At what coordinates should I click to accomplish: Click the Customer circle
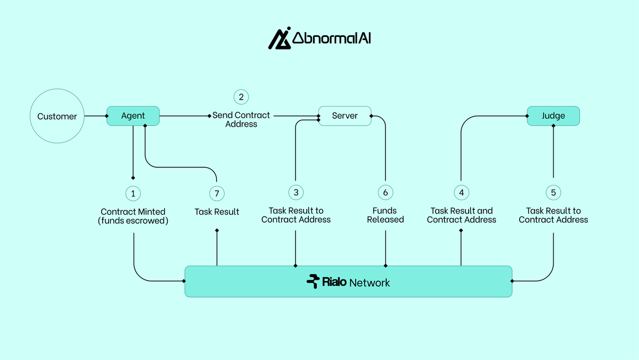(x=57, y=116)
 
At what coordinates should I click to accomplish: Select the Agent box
(x=133, y=116)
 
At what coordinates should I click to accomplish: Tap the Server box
(x=345, y=116)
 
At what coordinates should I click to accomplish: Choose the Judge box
(x=553, y=116)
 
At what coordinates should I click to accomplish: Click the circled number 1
(x=133, y=192)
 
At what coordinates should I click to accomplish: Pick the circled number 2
(x=241, y=97)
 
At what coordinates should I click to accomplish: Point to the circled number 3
(x=296, y=192)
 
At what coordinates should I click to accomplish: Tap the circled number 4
(x=461, y=192)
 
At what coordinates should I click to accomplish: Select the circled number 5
(x=553, y=192)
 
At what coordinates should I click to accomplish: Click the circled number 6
(x=386, y=192)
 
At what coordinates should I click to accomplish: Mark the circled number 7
(x=217, y=192)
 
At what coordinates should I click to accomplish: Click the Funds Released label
(x=385, y=215)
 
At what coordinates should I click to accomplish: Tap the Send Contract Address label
(x=241, y=119)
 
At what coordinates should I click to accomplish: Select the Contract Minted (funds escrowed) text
(x=133, y=216)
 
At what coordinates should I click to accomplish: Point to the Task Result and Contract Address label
(x=461, y=215)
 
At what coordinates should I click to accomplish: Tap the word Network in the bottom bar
(x=370, y=283)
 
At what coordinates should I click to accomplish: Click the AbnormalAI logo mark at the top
(x=278, y=38)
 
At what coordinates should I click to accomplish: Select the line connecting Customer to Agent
(x=95, y=116)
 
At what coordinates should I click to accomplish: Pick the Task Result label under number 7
(x=217, y=212)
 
